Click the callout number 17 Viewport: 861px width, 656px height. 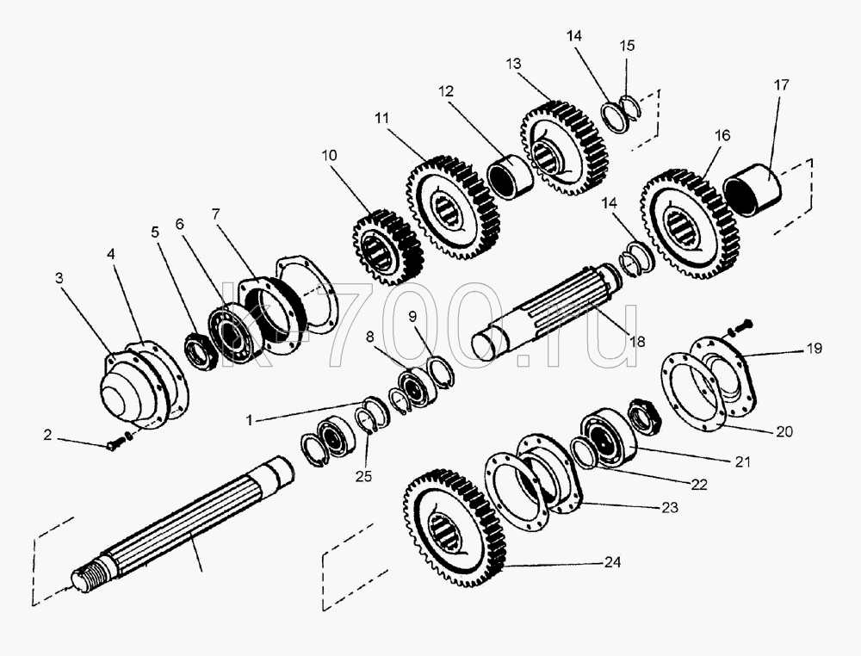coord(781,85)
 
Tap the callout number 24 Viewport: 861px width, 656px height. coord(612,562)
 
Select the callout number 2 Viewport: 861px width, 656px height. coord(47,435)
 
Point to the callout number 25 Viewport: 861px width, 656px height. coord(363,476)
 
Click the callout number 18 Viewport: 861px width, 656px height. coord(637,342)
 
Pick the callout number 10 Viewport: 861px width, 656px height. coord(329,155)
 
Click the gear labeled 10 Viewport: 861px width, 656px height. coord(387,247)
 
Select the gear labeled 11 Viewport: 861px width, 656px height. coord(453,207)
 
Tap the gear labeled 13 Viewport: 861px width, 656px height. coord(564,148)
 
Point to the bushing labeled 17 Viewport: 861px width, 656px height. coord(753,189)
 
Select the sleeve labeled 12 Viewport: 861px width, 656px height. coord(510,175)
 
